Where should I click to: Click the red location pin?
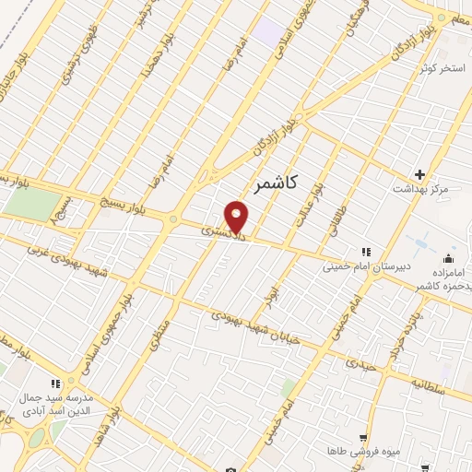(238, 218)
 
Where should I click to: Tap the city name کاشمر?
(274, 184)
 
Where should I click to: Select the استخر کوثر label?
(439, 69)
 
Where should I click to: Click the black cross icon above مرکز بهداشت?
(420, 174)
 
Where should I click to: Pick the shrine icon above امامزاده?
(449, 256)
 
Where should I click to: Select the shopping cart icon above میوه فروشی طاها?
(365, 436)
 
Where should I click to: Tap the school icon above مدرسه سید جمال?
(56, 383)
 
